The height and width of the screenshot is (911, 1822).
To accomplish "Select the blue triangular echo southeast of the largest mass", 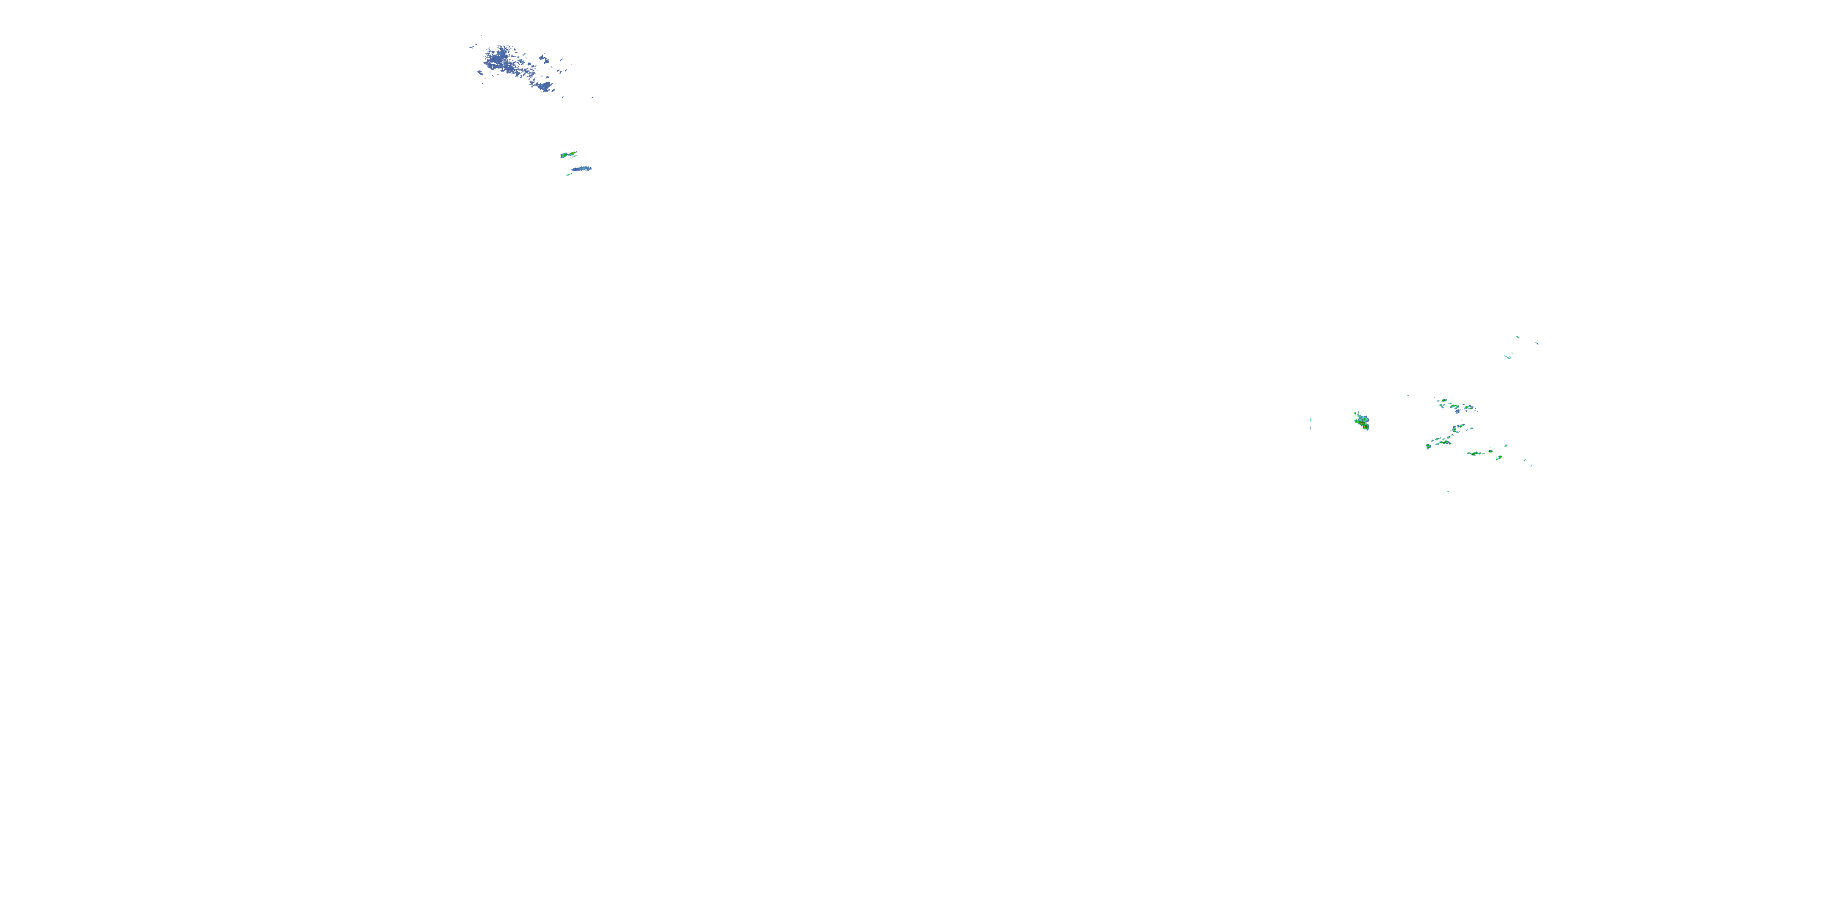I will [545, 87].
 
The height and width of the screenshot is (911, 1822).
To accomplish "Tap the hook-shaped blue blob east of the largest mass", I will [545, 60].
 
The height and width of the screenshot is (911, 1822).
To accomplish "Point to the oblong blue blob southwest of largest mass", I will [480, 73].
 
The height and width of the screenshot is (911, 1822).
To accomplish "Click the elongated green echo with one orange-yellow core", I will [573, 154].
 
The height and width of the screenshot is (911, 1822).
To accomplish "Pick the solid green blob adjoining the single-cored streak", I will [564, 155].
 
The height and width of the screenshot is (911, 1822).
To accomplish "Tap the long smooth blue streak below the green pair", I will [582, 169].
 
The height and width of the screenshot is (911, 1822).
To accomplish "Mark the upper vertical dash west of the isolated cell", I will [1310, 420].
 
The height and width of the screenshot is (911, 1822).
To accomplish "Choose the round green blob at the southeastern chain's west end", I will [1428, 447].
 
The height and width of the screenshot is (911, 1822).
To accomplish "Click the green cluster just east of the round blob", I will [1445, 443].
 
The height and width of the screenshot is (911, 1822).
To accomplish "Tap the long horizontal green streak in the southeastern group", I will [1475, 454].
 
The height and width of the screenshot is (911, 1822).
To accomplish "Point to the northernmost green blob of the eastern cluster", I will [1444, 401].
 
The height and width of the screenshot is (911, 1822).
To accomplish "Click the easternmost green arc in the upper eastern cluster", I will [1469, 408].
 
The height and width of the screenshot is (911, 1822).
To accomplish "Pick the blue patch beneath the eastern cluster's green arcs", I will [1458, 412].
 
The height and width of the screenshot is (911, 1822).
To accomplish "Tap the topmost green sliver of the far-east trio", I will [1518, 338].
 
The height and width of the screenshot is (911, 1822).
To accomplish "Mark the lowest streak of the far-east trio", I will [1509, 358].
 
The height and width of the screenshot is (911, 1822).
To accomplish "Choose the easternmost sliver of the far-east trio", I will [1537, 344].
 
